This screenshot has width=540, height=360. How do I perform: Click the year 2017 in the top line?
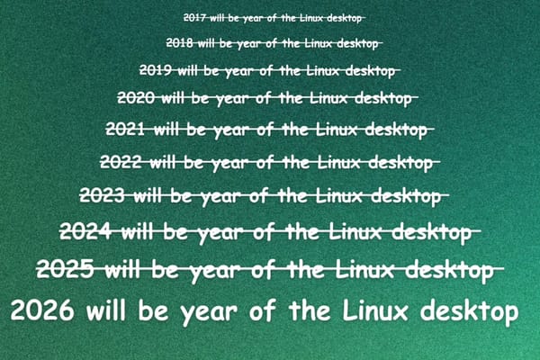193,17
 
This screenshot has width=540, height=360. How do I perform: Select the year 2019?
157,68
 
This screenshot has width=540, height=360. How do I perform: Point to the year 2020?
137,96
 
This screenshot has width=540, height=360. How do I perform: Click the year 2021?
126,129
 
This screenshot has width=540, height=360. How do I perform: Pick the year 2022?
121,162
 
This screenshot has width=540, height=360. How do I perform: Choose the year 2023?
103,194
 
